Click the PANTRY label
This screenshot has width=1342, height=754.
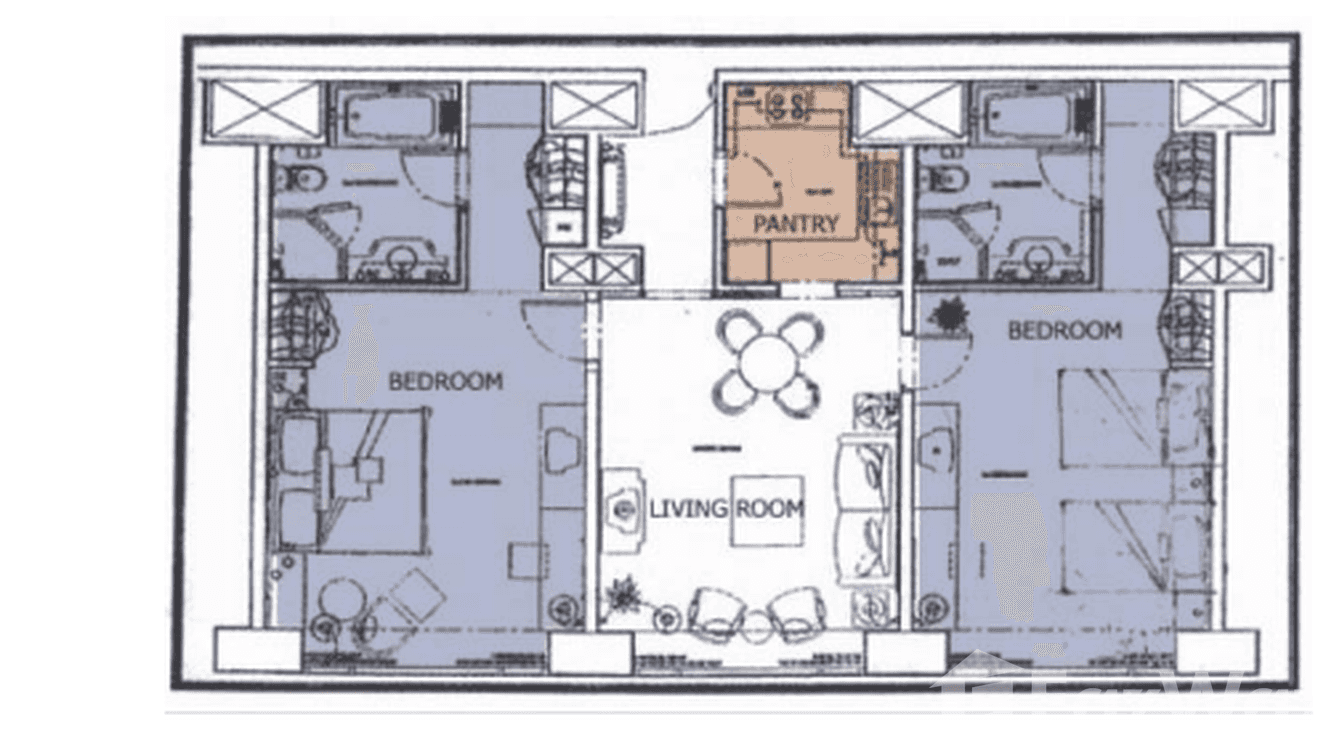796,224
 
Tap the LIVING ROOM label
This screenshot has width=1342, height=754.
726,509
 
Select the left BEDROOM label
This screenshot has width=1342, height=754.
445,381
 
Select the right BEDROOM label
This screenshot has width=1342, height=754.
1064,330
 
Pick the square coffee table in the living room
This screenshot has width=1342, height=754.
767,510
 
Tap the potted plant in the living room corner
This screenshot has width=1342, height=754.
623,596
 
